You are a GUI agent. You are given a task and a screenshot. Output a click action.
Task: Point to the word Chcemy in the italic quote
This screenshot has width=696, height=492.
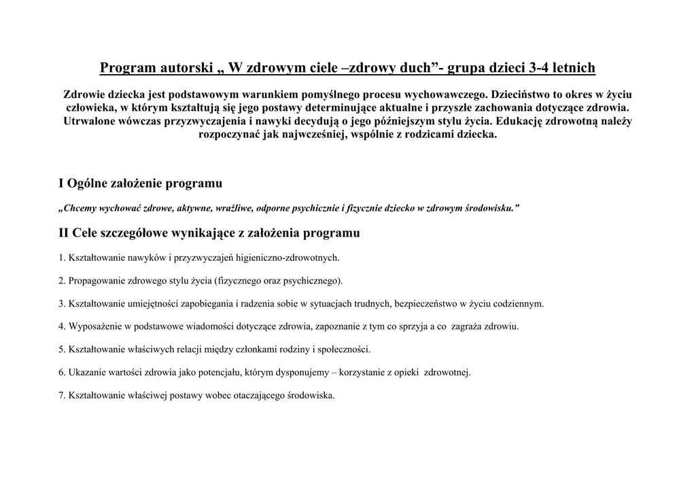click(81, 208)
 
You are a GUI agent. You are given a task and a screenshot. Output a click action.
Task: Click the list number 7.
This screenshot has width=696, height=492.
click(62, 396)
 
